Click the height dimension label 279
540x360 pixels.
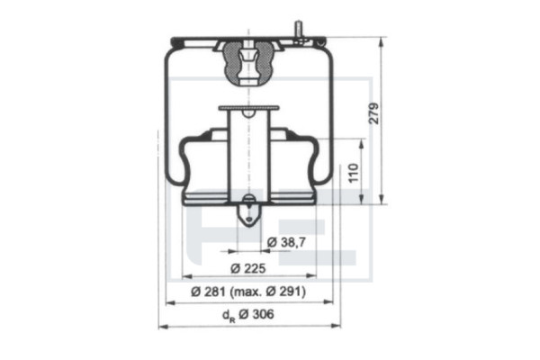point(373,113)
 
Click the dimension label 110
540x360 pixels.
point(354,173)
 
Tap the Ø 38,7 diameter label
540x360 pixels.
point(286,242)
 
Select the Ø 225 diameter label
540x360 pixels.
point(248,268)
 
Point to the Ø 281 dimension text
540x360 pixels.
point(209,292)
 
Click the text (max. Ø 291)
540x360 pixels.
point(267,292)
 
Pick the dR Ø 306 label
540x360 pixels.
point(248,314)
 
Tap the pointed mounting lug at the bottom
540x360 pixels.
point(248,214)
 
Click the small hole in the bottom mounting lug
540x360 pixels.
point(248,219)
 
